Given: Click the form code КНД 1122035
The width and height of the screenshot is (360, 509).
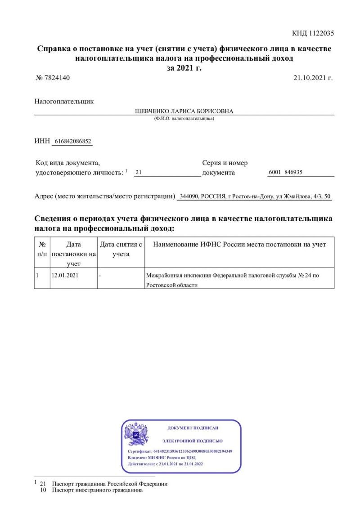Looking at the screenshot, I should click(x=313, y=33).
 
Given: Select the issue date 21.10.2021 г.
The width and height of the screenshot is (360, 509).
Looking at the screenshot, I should click(x=313, y=78).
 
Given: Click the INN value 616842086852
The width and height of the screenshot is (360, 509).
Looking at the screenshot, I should click(x=72, y=141).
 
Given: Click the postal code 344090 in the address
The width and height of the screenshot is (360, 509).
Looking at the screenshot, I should click(x=189, y=196).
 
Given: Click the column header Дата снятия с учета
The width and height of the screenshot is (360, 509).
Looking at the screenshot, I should click(x=121, y=249).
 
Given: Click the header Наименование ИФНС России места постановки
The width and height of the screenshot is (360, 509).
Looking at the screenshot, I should click(x=239, y=244).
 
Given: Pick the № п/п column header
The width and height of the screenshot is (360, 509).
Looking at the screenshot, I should click(x=42, y=249).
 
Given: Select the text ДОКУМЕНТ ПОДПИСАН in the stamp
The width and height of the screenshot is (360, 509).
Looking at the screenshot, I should click(x=193, y=428).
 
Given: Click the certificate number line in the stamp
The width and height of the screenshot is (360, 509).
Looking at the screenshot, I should click(x=180, y=451).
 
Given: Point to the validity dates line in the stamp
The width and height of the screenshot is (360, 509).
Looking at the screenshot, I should click(x=165, y=464).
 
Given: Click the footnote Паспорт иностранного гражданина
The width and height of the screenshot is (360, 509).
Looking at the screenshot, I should click(x=97, y=490).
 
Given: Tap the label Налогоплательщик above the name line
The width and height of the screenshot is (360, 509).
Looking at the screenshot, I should click(x=64, y=102).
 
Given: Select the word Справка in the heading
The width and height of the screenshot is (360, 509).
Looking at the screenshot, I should click(x=53, y=49).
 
